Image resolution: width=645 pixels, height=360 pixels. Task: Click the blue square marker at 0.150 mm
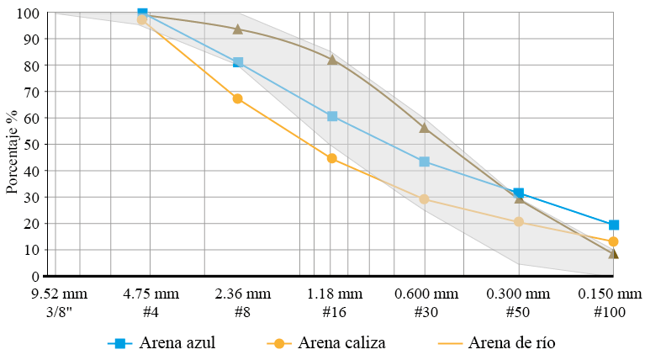click(x=614, y=225)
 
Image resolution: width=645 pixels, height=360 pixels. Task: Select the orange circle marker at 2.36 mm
click(x=237, y=98)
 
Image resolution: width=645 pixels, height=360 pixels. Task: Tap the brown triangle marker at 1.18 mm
click(x=332, y=60)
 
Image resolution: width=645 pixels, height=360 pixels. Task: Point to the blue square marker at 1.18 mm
click(x=332, y=116)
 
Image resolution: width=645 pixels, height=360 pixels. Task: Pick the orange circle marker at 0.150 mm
click(x=614, y=241)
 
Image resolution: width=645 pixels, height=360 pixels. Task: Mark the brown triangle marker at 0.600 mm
click(x=425, y=128)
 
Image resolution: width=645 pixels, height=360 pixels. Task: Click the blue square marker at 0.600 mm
click(x=425, y=161)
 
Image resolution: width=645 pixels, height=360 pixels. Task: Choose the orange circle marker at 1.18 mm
click(x=332, y=158)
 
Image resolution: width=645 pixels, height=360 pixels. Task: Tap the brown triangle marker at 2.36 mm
click(x=237, y=29)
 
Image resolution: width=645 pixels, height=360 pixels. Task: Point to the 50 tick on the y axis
click(x=34, y=145)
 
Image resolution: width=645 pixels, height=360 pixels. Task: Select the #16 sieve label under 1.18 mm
click(x=332, y=311)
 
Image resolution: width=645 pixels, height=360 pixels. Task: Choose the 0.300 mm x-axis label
click(x=519, y=294)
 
